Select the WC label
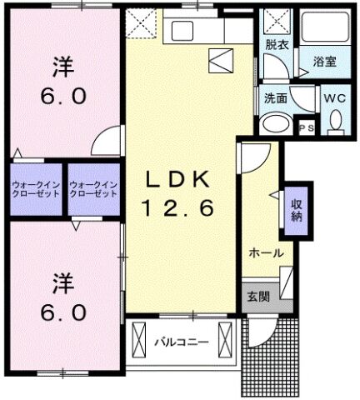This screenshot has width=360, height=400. [x=335, y=97]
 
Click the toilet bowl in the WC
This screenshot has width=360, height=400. [x=335, y=122]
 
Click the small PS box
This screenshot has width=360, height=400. [x=306, y=128]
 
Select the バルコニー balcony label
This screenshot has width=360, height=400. [x=181, y=342]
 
